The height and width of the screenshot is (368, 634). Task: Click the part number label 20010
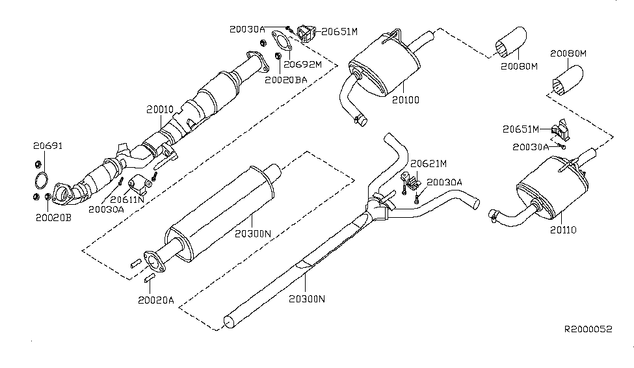coord(159,111)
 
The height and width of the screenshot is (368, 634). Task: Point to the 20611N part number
coord(127,200)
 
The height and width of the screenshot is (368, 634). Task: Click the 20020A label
coord(156,300)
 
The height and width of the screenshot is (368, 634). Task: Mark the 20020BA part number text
coord(285,80)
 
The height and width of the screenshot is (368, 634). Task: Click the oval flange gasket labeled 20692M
coord(280,43)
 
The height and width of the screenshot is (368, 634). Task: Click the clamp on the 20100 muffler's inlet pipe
coord(358,119)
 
